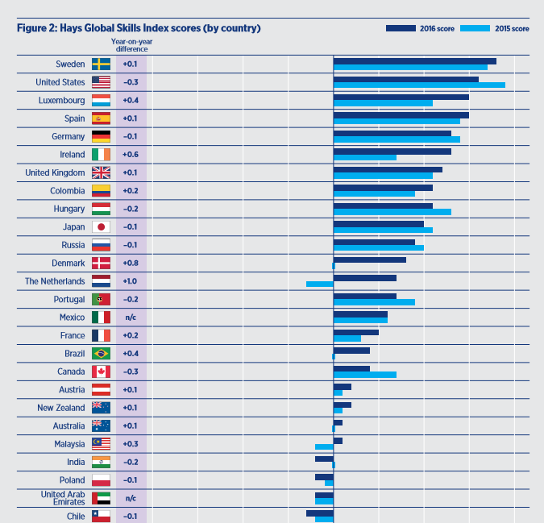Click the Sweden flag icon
click(x=101, y=64)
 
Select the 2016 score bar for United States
click(x=405, y=79)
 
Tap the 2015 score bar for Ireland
click(x=364, y=157)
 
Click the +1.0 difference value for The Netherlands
click(x=130, y=281)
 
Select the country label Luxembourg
click(x=61, y=101)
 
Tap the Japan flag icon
click(x=101, y=227)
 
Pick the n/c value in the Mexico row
click(x=130, y=318)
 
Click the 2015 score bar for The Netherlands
click(x=319, y=284)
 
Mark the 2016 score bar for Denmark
click(x=369, y=259)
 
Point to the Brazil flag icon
click(x=101, y=354)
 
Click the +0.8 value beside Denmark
click(x=130, y=264)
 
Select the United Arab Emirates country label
click(x=63, y=498)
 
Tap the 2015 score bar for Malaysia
click(x=324, y=446)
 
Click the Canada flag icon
click(x=101, y=371)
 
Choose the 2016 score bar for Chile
click(x=319, y=513)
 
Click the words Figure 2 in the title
click(x=35, y=28)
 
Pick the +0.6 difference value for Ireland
click(x=130, y=155)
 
